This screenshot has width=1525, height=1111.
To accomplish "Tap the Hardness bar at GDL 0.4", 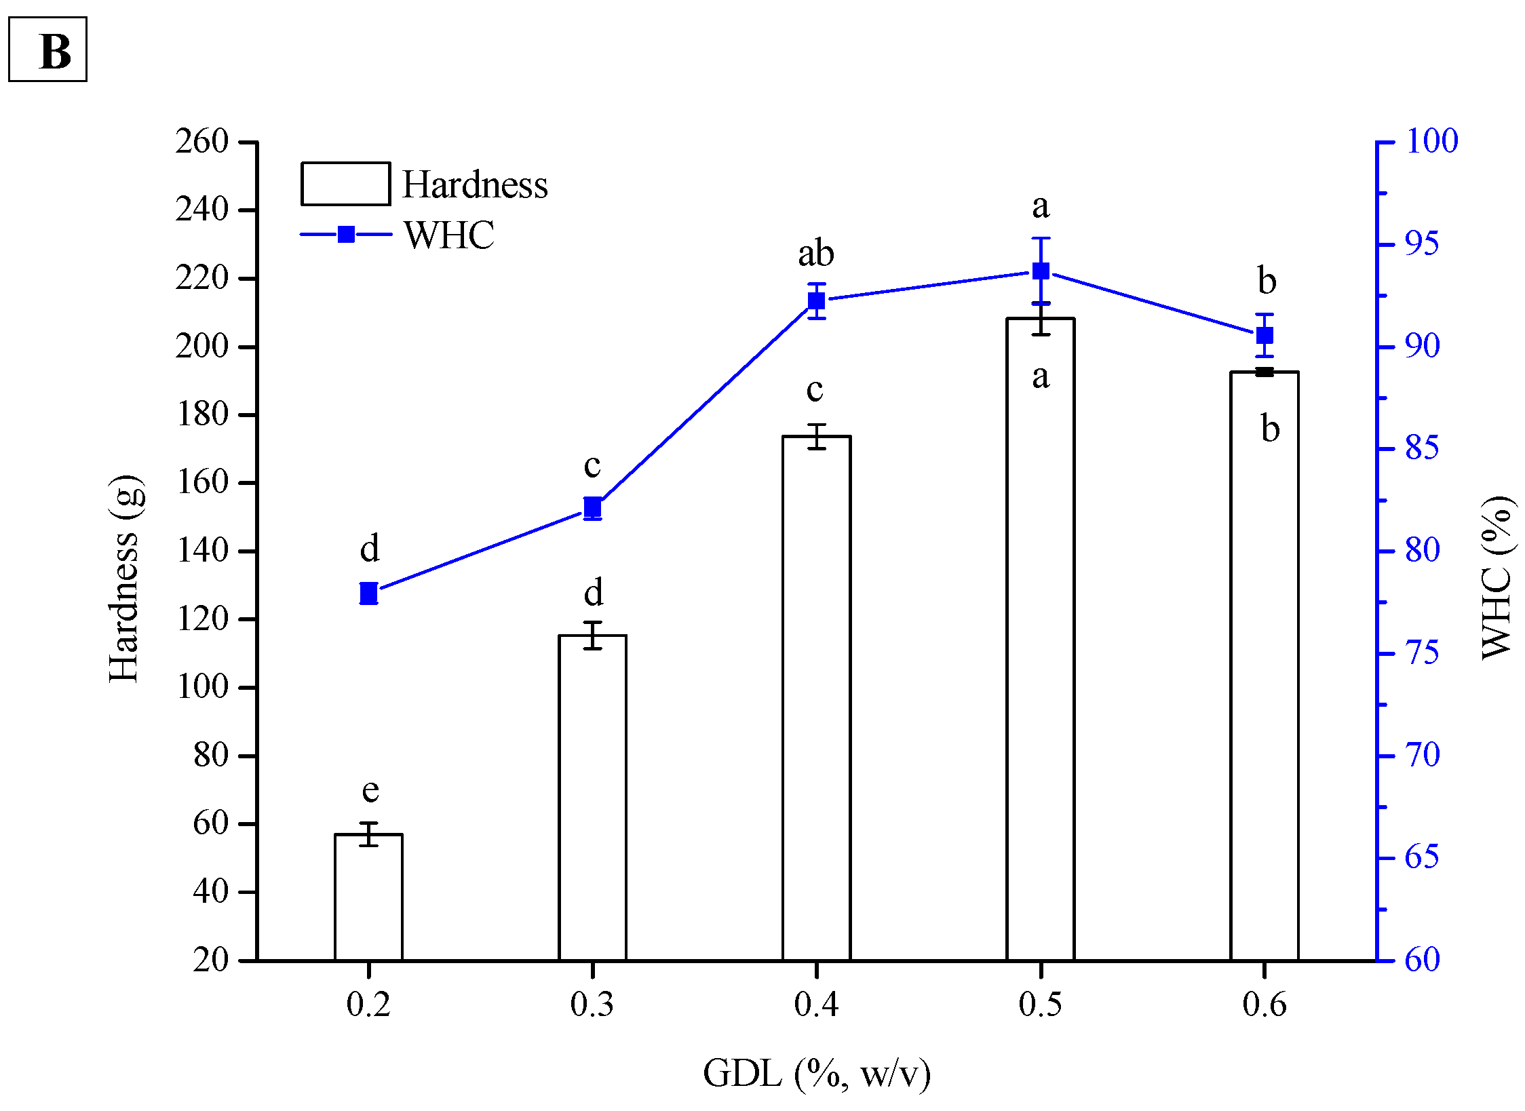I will (x=816, y=698).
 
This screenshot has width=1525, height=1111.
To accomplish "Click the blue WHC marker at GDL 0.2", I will (x=368, y=593).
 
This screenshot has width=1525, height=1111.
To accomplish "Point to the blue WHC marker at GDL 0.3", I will (x=592, y=507).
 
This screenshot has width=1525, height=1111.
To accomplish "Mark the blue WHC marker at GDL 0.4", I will (x=816, y=300).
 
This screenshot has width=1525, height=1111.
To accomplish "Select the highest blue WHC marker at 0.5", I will (x=1040, y=271).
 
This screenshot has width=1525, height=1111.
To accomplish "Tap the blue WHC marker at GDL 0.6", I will (x=1264, y=335).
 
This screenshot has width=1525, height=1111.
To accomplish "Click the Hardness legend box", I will (x=345, y=184).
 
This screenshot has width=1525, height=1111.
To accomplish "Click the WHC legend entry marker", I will (x=346, y=235).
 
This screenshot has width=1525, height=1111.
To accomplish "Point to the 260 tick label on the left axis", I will (x=201, y=142).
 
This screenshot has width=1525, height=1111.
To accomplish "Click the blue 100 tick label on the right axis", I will (x=1431, y=141).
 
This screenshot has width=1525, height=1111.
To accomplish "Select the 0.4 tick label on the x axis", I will (x=816, y=1005).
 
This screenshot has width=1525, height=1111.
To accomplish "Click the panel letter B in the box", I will (x=54, y=52).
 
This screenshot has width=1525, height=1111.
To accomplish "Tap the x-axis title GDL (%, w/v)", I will (x=816, y=1074).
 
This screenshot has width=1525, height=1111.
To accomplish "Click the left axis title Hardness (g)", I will (x=125, y=578).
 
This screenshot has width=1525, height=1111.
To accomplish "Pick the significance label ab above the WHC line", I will (x=815, y=254).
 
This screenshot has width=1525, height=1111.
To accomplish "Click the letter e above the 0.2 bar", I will (x=370, y=790).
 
